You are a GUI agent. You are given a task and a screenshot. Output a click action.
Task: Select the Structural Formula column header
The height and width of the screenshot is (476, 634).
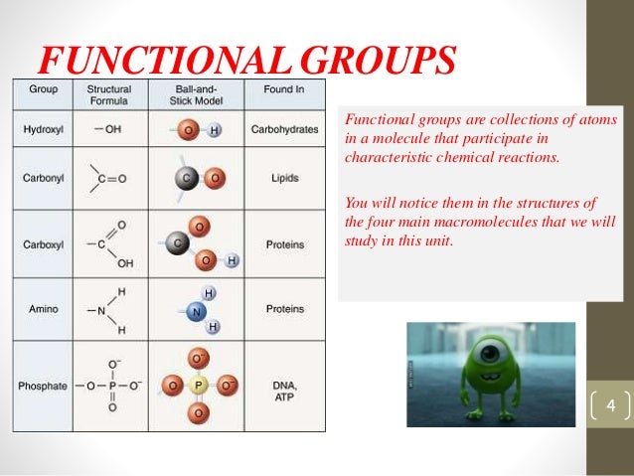pos(110,94)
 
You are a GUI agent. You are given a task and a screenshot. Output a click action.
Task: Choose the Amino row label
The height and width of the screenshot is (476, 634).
pos(42,309)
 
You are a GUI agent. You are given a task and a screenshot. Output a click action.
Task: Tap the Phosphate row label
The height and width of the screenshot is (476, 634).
pos(43,385)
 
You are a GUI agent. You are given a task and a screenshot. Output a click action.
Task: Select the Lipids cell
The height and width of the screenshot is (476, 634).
pos(284,179)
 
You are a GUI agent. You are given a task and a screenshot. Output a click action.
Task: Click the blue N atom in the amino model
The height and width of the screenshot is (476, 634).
pos(197,310)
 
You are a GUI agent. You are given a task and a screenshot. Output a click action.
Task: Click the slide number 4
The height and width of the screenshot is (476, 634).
pos(610,406)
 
